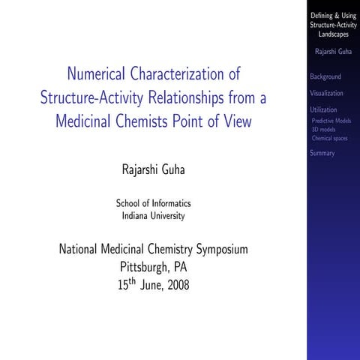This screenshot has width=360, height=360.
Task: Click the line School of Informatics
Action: pyautogui.click(x=153, y=203)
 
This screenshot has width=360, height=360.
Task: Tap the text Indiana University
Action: pyautogui.click(x=153, y=216)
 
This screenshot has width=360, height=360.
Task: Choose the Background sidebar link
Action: pyautogui.click(x=325, y=76)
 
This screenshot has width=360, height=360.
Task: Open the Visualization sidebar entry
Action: pyautogui.click(x=326, y=94)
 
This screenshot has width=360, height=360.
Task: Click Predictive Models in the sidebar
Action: pyautogui.click(x=331, y=121)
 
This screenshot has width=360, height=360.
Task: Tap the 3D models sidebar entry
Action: pyautogui.click(x=323, y=130)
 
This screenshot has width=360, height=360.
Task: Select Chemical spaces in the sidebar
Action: pyautogui.click(x=329, y=139)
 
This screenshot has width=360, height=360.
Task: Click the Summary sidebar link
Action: pyautogui.click(x=322, y=154)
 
